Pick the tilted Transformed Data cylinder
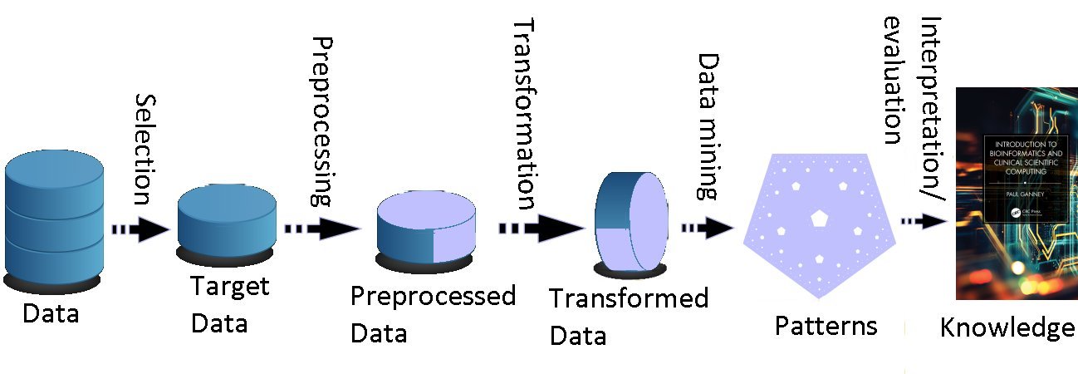[632, 224]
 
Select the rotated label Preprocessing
[321, 121]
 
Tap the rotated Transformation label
[524, 116]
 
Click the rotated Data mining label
[708, 127]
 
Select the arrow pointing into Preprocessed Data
[321, 229]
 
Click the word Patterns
[826, 326]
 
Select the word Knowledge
[1007, 328]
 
